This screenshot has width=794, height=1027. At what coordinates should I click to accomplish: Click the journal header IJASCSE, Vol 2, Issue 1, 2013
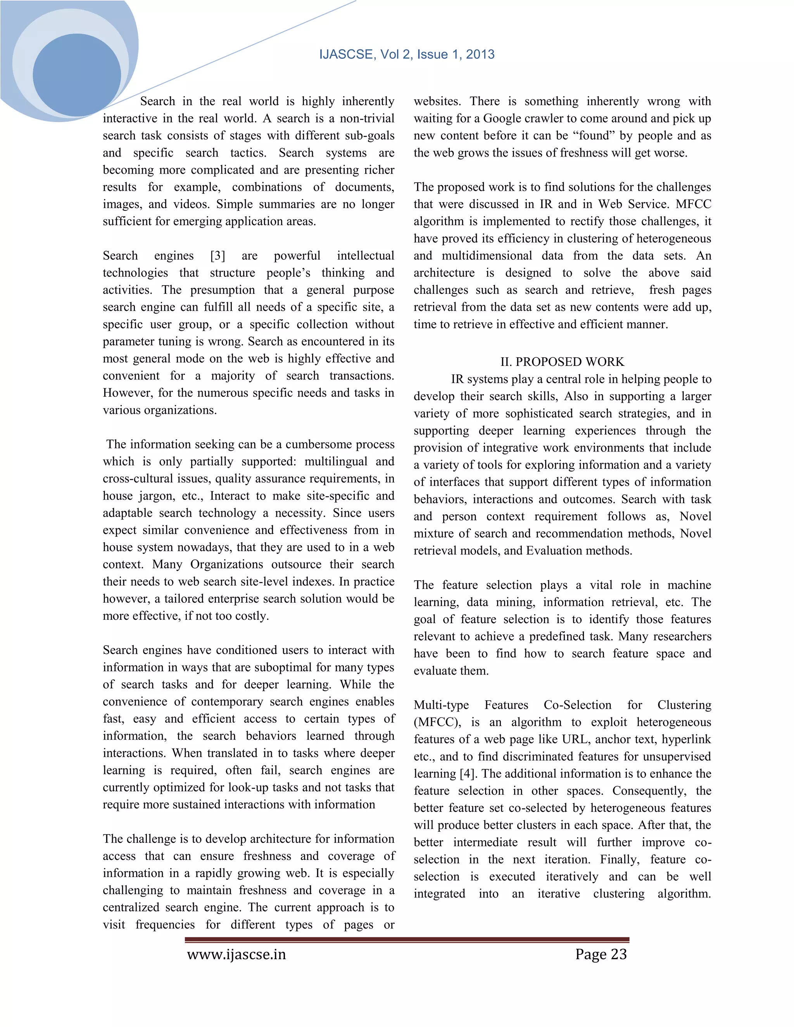pos(406,55)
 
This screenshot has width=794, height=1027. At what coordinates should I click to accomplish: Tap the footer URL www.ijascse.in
pos(236,954)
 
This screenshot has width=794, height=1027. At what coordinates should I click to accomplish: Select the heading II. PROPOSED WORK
pos(562,362)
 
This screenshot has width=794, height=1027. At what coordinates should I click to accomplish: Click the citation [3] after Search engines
pos(217,256)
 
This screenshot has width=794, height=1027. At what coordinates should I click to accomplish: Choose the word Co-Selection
pos(577,705)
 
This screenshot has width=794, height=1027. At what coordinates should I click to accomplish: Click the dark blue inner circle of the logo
pos(77,75)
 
